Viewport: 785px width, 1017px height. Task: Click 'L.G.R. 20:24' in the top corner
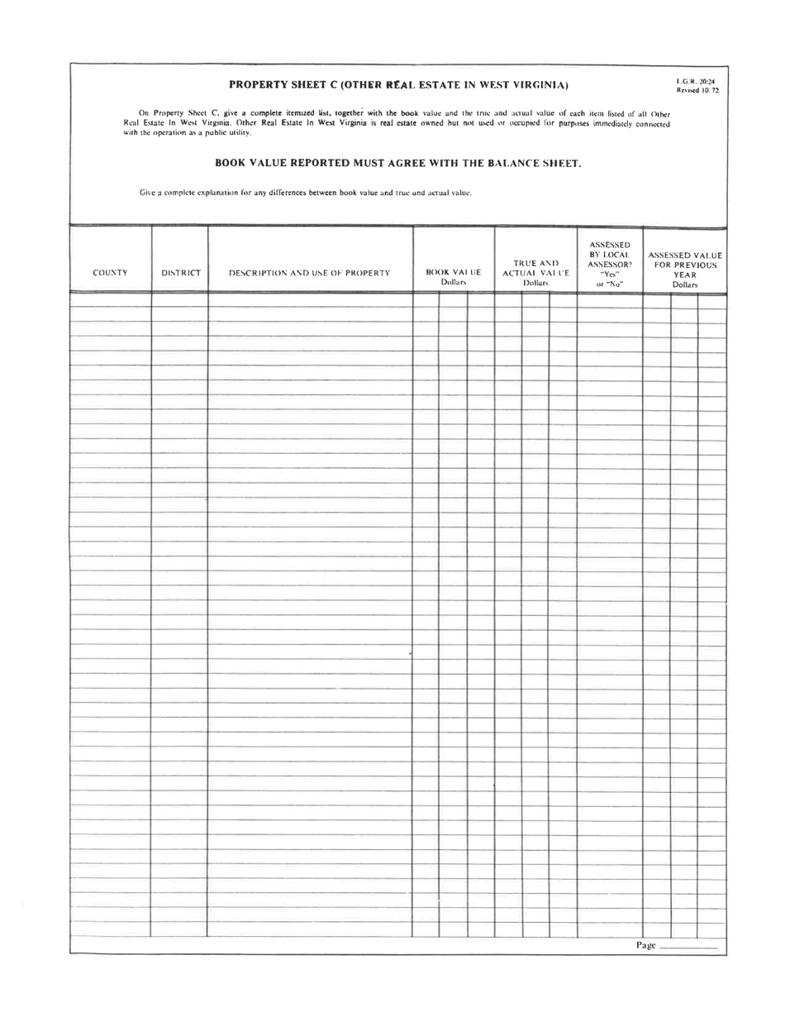tap(696, 81)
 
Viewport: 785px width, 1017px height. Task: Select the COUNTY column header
tap(110, 273)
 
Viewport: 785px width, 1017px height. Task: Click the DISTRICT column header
tap(180, 273)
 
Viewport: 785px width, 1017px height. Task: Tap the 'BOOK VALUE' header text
tap(454, 272)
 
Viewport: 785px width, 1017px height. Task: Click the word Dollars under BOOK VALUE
tap(454, 283)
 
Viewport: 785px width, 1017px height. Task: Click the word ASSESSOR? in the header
tap(609, 265)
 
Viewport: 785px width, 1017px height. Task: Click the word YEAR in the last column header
tap(685, 275)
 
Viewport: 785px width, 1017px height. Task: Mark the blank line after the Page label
tap(689, 948)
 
